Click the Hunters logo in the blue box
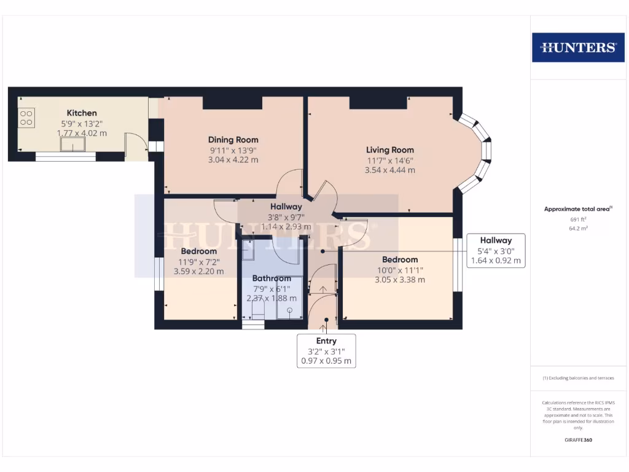click(x=577, y=47)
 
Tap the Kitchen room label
click(x=82, y=113)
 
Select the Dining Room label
click(x=233, y=140)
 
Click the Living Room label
click(x=390, y=149)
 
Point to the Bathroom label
click(x=271, y=278)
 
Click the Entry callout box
click(x=326, y=351)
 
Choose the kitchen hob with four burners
click(x=26, y=117)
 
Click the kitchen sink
click(x=73, y=144)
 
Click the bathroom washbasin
click(x=248, y=250)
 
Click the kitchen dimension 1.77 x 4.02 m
click(x=82, y=133)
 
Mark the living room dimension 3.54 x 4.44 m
click(x=390, y=170)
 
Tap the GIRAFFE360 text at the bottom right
click(x=577, y=440)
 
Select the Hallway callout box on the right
click(x=496, y=250)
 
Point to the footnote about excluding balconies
click(x=577, y=378)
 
